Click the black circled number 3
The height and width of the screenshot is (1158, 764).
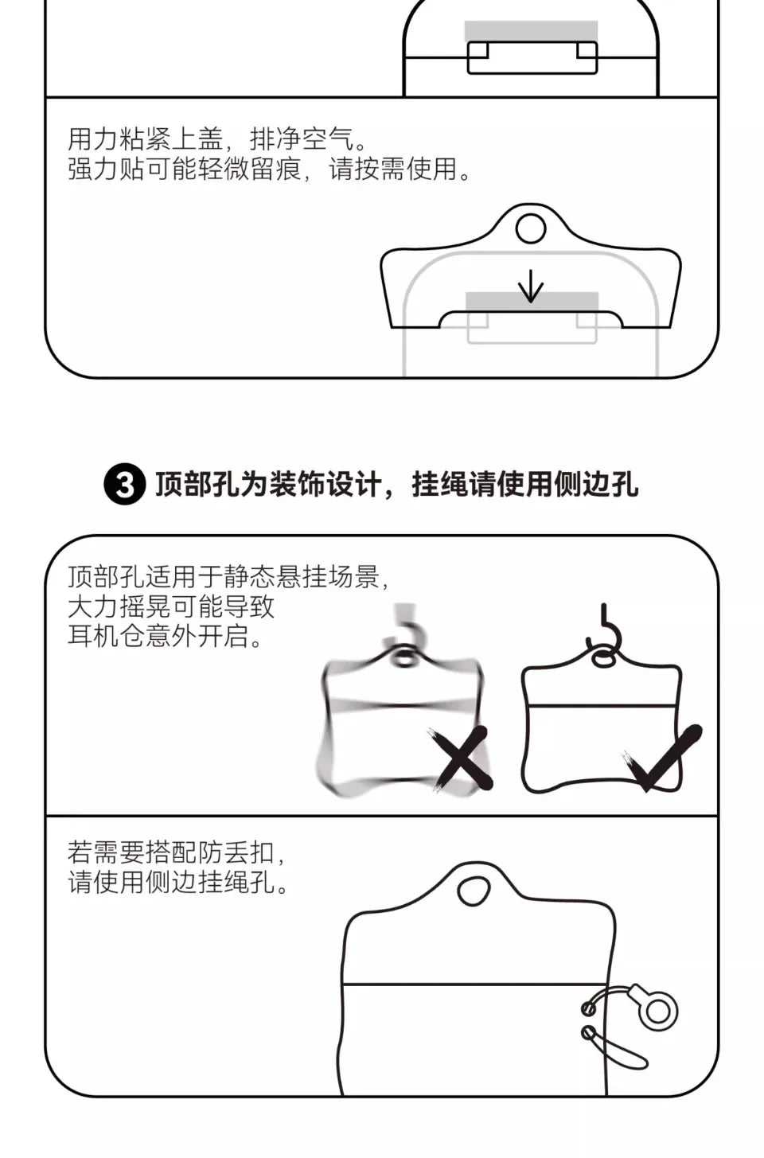coord(124,485)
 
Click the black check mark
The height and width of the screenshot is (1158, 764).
coord(663,758)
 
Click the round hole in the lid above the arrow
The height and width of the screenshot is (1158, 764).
coord(530,228)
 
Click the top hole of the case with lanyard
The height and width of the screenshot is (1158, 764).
coord(473,891)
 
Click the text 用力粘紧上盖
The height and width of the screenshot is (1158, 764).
coord(146,139)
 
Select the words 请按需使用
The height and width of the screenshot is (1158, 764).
coord(393,169)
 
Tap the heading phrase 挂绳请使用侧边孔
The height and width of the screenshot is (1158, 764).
coord(524,485)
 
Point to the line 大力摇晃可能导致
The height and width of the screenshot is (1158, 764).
coord(171,606)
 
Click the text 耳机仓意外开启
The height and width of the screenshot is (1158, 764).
coord(158,636)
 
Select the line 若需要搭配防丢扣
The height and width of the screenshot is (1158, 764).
coord(171,852)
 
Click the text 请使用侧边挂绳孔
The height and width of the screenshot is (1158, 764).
coord(171,882)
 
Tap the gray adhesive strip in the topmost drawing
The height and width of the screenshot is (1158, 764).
coord(532,32)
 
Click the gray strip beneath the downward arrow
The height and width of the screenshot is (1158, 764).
coord(532,302)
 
